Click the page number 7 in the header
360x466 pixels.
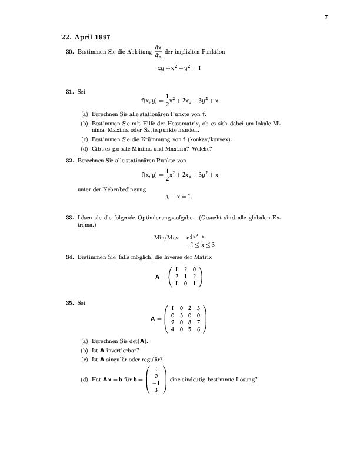[x=326, y=18]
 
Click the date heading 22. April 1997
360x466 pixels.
[x=85, y=37]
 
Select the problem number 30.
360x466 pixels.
[x=69, y=52]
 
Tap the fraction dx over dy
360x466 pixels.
[x=158, y=52]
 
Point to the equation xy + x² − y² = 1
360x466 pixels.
[x=179, y=68]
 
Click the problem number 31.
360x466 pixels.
[x=69, y=92]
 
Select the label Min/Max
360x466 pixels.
[x=166, y=237]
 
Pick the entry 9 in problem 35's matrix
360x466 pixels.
[x=171, y=322]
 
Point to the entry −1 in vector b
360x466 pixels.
[x=155, y=382]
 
